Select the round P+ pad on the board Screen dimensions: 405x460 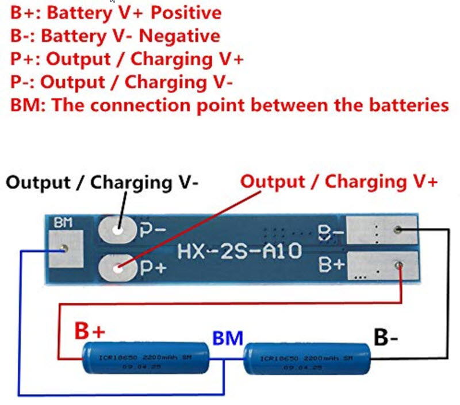click(118, 268)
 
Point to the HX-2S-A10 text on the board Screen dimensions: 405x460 click(239, 250)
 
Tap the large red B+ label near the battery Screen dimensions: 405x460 click(90, 331)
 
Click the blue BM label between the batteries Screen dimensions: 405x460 click(228, 338)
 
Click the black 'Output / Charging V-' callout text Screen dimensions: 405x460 click(103, 183)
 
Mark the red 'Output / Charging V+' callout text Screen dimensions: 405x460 click(339, 182)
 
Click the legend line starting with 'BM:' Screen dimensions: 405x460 click(229, 105)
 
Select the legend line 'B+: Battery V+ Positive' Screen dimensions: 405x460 click(116, 13)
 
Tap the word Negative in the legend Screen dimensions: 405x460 click(180, 36)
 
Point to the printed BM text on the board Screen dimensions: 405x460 click(63, 223)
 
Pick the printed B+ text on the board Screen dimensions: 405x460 click(331, 266)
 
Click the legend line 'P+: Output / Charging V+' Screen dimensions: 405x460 click(126, 59)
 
